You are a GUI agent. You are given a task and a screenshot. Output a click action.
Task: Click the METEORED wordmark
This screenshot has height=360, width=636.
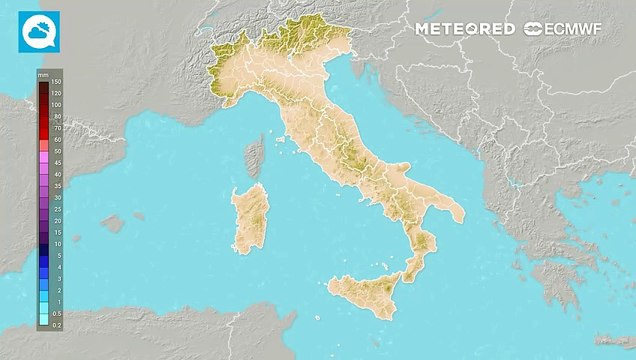(x=466, y=30)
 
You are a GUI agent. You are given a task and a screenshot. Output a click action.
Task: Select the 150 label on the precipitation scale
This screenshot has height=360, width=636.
(x=56, y=82)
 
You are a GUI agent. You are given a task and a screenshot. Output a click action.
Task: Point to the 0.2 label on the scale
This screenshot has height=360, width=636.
(x=56, y=325)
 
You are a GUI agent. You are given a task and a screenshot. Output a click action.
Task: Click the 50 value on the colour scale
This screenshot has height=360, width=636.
(x=56, y=140)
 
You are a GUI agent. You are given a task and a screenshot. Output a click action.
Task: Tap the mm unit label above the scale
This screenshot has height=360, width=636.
(x=43, y=74)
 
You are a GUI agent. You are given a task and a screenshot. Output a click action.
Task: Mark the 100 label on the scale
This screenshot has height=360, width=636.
(x=56, y=105)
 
